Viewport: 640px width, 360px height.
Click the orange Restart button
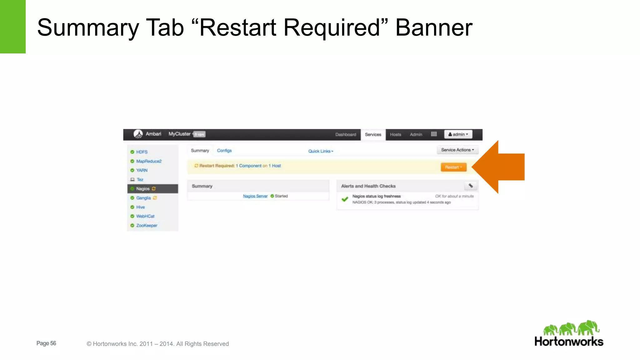[453, 167]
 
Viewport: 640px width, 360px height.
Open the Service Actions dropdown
[457, 150]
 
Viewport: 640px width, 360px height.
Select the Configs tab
[224, 151]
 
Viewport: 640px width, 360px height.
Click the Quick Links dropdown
[321, 151]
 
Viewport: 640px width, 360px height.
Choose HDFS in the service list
[142, 152]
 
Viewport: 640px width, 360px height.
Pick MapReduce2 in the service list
[149, 161]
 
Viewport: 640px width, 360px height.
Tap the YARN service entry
[142, 170]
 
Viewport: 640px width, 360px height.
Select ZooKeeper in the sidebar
[147, 226]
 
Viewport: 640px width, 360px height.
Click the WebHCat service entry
[145, 216]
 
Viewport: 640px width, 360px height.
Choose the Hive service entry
[140, 207]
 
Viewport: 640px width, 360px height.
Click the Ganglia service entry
[143, 198]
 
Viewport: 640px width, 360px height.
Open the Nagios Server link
[255, 196]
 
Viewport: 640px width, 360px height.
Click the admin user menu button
[458, 134]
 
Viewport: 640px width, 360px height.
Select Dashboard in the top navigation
[346, 135]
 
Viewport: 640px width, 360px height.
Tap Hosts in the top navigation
[395, 135]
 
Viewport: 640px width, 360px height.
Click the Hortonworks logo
[569, 334]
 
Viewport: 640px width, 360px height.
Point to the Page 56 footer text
[46, 343]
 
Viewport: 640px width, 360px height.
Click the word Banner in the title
[434, 27]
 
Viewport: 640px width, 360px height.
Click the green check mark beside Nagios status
[345, 199]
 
